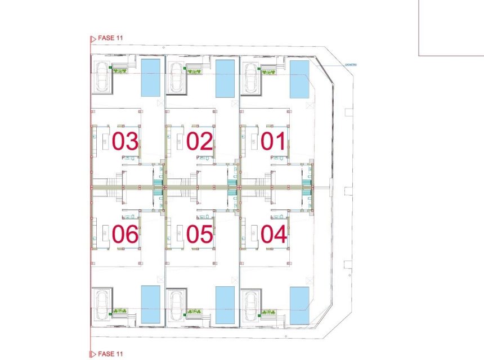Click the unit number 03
125,142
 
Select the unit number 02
200,142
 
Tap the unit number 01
274,142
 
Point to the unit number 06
125,234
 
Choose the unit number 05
200,234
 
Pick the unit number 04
274,234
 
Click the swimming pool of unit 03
150,77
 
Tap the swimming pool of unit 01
299,79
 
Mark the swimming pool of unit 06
150,304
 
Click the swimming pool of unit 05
225,305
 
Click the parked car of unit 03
102,77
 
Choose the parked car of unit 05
177,305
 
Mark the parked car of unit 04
251,305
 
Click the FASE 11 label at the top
110,38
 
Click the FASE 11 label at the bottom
110,354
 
